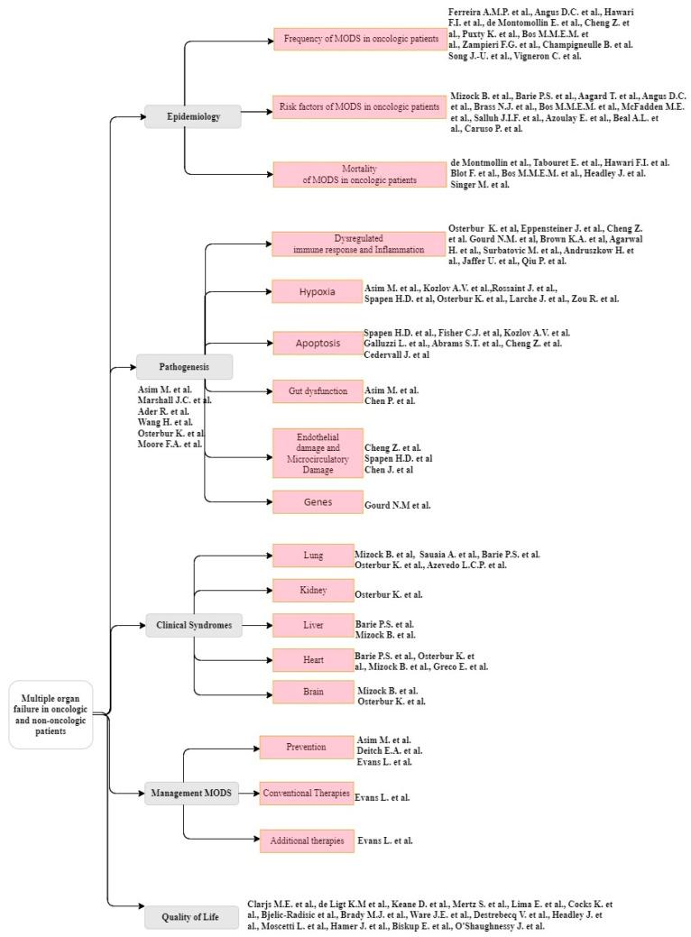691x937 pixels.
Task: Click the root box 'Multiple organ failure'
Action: point(51,714)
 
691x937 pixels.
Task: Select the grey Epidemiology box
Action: point(192,116)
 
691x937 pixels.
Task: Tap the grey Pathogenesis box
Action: point(184,366)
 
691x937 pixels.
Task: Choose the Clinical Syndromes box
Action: point(194,625)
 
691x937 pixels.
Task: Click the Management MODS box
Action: point(192,794)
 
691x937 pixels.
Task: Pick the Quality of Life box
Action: point(192,917)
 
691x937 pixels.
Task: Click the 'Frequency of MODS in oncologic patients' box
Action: point(360,39)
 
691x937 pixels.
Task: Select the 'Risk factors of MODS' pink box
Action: point(360,107)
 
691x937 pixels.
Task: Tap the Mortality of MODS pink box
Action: point(360,174)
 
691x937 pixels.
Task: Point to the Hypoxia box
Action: point(317,292)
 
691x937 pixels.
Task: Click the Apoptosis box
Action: point(317,343)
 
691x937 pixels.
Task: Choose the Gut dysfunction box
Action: point(317,390)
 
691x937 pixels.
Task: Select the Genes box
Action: point(317,501)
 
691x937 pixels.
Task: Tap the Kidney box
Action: point(313,591)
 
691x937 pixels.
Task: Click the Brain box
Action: point(313,692)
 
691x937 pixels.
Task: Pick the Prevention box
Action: point(306,748)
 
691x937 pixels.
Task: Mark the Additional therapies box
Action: point(307,841)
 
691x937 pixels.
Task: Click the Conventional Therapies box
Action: point(306,794)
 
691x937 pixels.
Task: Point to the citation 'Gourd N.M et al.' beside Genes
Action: point(397,505)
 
